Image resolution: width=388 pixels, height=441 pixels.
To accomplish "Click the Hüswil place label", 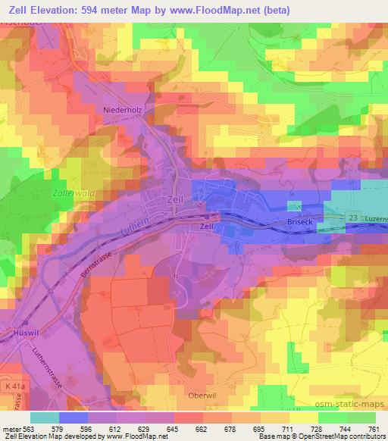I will point(17,331).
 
